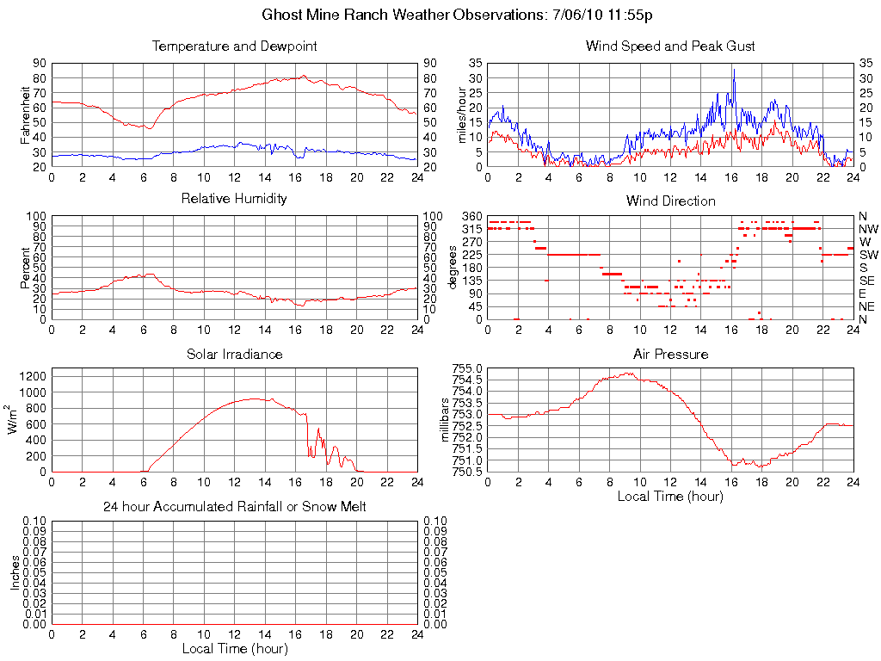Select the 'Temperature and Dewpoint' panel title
(x=234, y=46)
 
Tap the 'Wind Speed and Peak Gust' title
(x=670, y=46)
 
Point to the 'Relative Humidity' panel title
(x=234, y=199)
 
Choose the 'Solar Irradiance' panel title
(x=234, y=354)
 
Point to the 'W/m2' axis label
(x=15, y=420)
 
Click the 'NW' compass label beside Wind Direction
(x=867, y=229)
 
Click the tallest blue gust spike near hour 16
(x=734, y=71)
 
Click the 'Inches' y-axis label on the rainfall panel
(x=15, y=572)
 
